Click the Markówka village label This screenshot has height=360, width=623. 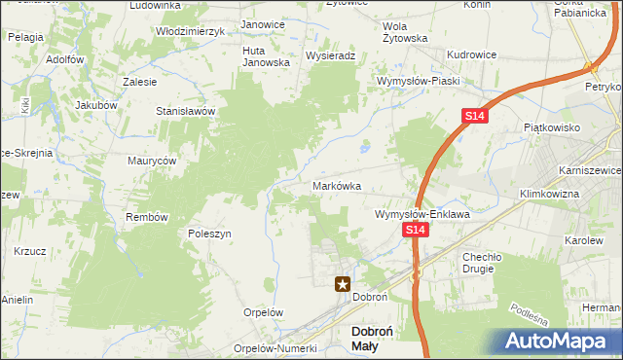(338, 185)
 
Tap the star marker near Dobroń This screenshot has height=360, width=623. (343, 284)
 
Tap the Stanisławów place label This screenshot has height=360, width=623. (185, 112)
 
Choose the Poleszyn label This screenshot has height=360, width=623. (209, 234)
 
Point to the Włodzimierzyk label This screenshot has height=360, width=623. (191, 31)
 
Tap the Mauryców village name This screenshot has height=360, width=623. (152, 161)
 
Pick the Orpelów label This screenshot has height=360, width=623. (263, 313)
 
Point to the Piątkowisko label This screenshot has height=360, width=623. (552, 127)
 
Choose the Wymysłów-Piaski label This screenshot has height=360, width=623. (419, 81)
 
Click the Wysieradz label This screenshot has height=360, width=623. (328, 56)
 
